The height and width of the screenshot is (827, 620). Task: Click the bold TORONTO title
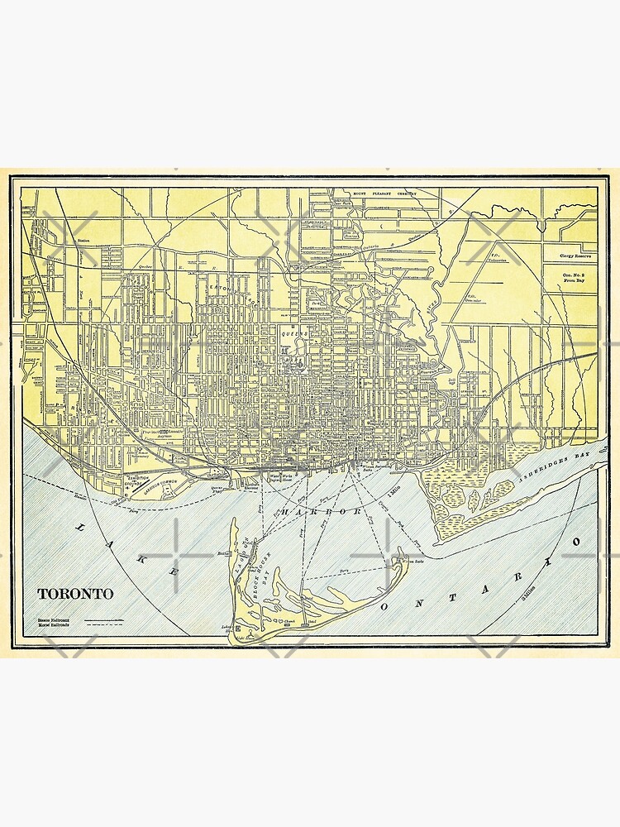pyautogui.click(x=75, y=594)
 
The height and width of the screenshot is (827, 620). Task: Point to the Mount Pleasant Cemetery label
pyautogui.click(x=383, y=194)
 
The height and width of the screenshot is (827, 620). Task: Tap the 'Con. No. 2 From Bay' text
pyautogui.click(x=576, y=277)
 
